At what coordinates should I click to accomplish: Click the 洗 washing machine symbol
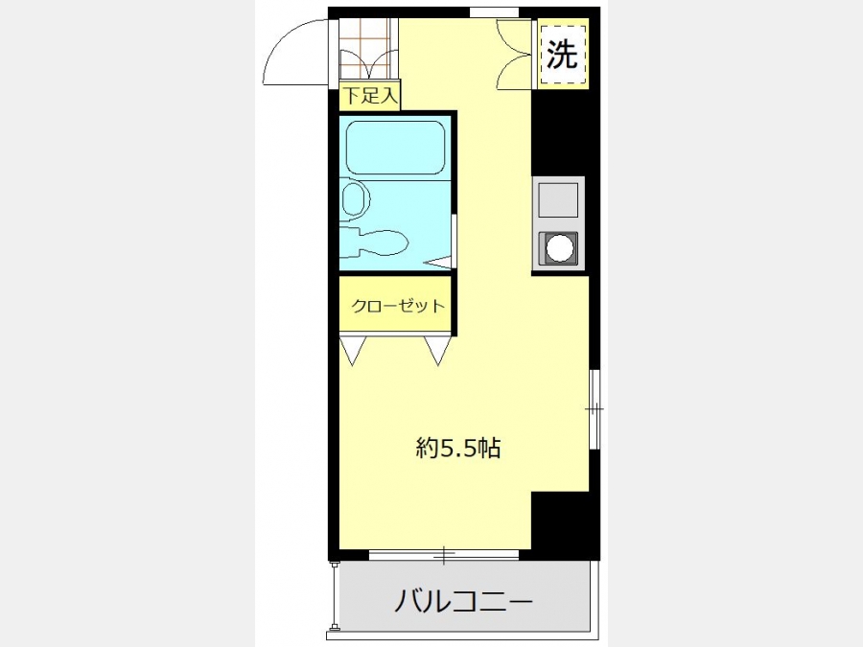[x=562, y=54]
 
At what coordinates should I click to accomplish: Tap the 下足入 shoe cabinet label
[x=370, y=96]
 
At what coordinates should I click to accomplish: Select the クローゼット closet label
[x=397, y=306]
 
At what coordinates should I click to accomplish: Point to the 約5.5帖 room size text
[x=458, y=449]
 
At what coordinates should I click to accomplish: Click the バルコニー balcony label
[x=463, y=601]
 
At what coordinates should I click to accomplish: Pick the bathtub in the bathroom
[x=395, y=147]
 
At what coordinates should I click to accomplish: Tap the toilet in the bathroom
[x=374, y=243]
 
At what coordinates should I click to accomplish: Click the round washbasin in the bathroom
[x=355, y=199]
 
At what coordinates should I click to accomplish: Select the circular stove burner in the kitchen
[x=559, y=248]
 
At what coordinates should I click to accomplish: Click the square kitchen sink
[x=558, y=199]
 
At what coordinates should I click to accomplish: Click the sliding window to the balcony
[x=444, y=555]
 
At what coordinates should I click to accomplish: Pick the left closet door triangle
[x=353, y=351]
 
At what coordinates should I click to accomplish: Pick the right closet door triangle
[x=438, y=351]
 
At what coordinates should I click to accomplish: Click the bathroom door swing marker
[x=440, y=263]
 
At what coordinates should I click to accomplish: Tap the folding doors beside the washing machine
[x=515, y=54]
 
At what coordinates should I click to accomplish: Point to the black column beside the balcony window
[x=561, y=521]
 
